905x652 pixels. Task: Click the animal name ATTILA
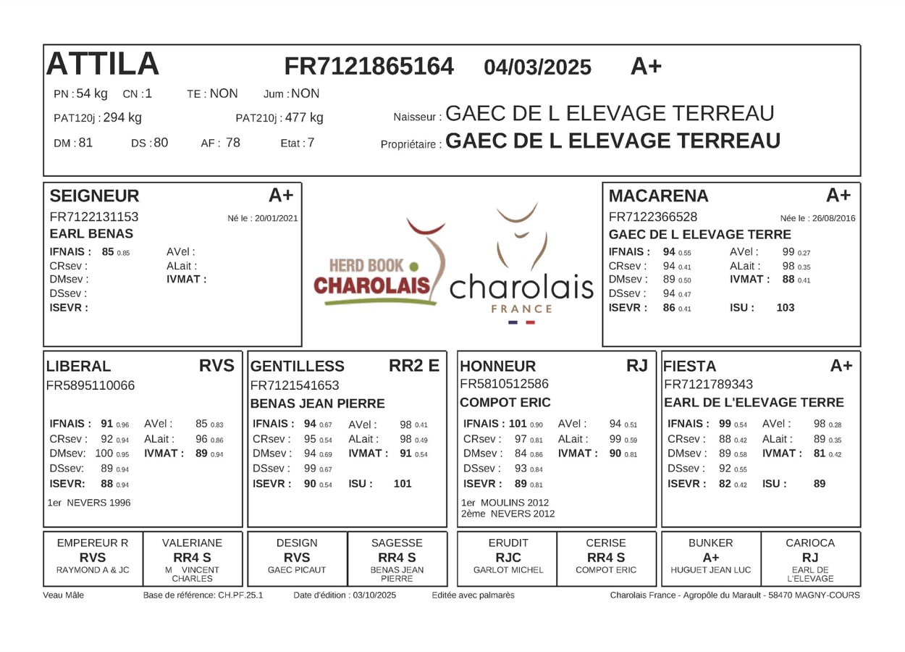[x=102, y=64]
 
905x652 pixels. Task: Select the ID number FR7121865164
[x=369, y=67]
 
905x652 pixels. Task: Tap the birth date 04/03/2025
[x=537, y=67]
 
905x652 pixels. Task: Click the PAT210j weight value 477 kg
[x=304, y=117]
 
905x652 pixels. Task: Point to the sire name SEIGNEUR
[x=94, y=196]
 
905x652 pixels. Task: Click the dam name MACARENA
[x=658, y=196]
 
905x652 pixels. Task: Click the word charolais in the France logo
[x=521, y=288]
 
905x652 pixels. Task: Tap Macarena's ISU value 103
[x=785, y=308]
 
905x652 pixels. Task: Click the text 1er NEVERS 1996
[x=89, y=503]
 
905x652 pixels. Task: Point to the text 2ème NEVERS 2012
[x=508, y=514]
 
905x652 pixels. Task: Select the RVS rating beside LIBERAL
[x=217, y=366]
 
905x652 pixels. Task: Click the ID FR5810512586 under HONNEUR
[x=504, y=384]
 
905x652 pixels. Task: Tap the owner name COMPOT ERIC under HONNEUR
[x=505, y=403]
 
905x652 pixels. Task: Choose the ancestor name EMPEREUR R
[x=93, y=543]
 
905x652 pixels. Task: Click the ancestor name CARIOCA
[x=810, y=543]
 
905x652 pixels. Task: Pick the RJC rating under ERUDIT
[x=508, y=557]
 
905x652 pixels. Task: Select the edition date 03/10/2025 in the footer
[x=374, y=595]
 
